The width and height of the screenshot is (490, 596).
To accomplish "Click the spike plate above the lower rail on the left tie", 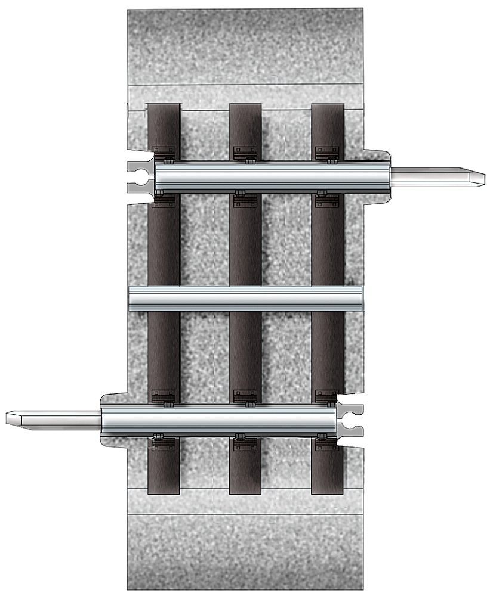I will (x=164, y=395).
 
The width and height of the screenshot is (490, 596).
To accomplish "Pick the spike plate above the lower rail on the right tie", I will (x=328, y=395).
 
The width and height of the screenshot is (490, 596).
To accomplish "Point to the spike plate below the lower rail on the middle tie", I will (x=245, y=445).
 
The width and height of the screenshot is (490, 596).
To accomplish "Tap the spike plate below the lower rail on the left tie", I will (x=164, y=445).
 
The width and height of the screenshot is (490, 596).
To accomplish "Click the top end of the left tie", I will (x=164, y=108).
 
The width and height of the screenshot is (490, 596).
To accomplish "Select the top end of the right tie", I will (x=328, y=108).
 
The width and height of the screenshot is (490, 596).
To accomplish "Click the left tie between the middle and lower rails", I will (x=164, y=352).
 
